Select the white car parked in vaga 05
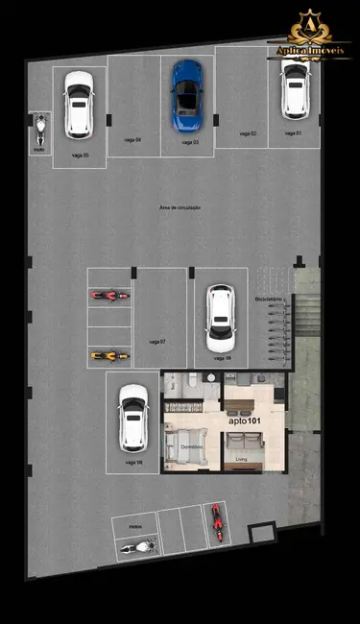(78, 107)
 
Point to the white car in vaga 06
(220, 319)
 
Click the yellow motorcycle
(109, 356)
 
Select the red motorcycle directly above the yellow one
(109, 296)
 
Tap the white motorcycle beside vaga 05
(40, 127)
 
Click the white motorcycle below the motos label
(136, 547)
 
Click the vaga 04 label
(132, 140)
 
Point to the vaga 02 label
(247, 133)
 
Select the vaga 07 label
(157, 342)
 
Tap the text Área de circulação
(180, 207)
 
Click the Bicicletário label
(268, 300)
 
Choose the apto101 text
(245, 420)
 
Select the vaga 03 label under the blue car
(189, 142)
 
